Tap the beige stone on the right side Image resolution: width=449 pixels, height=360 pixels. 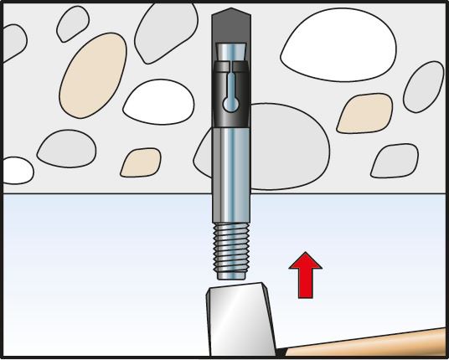[364, 113]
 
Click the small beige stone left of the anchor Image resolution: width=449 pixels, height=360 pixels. [141, 162]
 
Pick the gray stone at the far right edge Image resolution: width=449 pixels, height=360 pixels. [427, 84]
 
